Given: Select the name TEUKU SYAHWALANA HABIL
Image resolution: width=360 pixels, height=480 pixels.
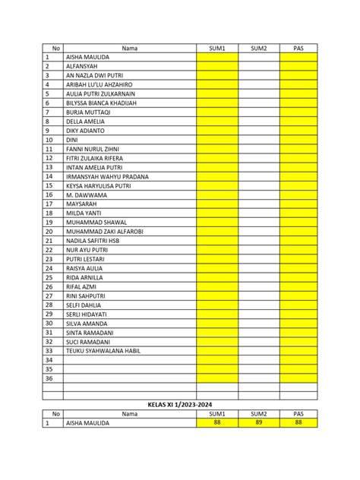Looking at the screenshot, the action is [x=103, y=351].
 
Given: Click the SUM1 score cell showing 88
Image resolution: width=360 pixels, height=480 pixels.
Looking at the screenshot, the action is [x=217, y=423].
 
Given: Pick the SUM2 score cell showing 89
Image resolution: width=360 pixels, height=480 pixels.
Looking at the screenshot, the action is [x=259, y=423].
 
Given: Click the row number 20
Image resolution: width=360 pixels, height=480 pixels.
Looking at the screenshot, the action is [x=49, y=232].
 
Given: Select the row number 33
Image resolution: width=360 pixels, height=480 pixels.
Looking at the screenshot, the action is [x=49, y=351].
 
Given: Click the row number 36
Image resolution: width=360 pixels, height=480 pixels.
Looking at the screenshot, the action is [x=49, y=378].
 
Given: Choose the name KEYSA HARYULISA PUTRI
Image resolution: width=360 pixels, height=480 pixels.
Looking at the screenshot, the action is [x=99, y=185].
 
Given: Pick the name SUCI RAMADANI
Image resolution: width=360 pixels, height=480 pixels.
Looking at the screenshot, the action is [x=88, y=342].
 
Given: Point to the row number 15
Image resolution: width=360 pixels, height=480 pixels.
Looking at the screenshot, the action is [x=49, y=185].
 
